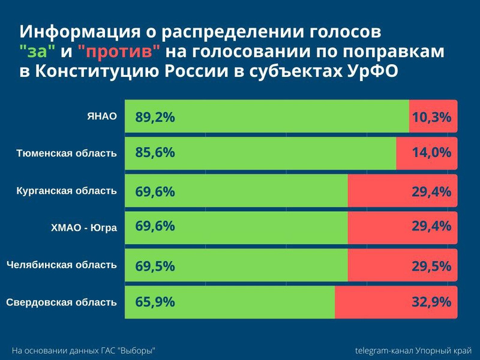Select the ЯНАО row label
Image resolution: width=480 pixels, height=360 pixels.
click(x=101, y=116)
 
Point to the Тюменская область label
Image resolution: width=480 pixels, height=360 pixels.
click(x=66, y=153)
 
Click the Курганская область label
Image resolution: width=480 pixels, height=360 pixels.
click(x=67, y=191)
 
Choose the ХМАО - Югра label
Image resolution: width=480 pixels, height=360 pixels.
click(x=83, y=227)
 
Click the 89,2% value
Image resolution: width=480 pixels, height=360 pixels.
click(x=155, y=117)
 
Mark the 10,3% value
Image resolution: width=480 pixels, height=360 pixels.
click(x=431, y=117)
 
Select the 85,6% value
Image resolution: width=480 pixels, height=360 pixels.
click(x=155, y=153)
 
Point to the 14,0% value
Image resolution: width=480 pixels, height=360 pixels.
click(x=431, y=153)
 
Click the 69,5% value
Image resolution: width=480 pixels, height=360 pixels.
click(x=155, y=265)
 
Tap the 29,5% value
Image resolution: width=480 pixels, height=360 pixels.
click(x=431, y=265)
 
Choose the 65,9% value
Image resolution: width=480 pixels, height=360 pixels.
click(x=155, y=302)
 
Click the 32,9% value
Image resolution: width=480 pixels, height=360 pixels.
click(x=431, y=302)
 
